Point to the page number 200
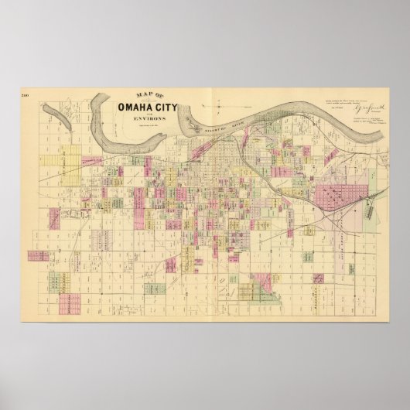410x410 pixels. click(25, 94)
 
